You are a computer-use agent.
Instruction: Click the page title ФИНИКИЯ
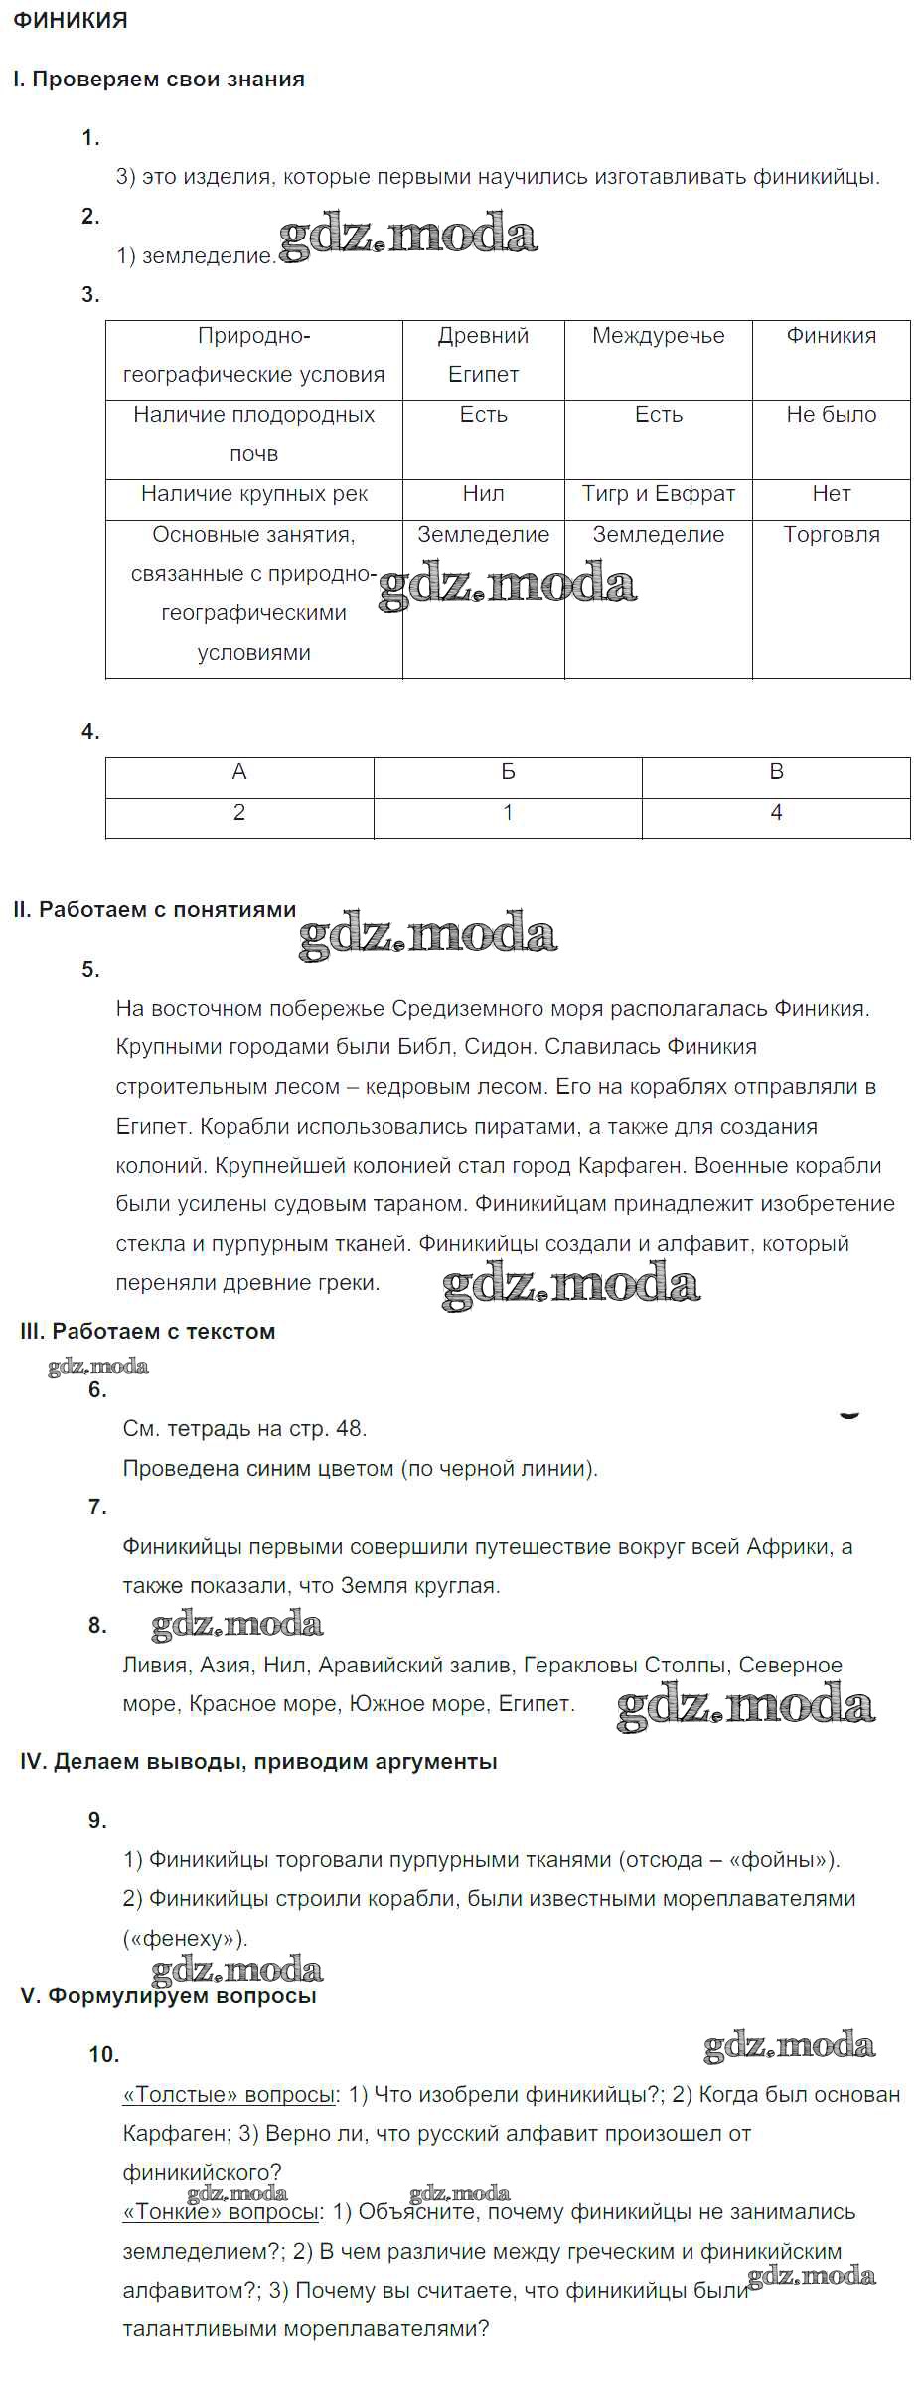(71, 21)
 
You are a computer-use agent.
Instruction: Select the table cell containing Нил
(483, 494)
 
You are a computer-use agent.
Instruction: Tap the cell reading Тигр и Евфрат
(658, 494)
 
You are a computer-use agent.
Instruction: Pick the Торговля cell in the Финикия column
(831, 535)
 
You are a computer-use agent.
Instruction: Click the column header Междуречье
(658, 336)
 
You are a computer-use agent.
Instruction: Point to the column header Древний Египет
(483, 355)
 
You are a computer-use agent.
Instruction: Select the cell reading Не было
(831, 415)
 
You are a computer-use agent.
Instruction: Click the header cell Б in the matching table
(508, 772)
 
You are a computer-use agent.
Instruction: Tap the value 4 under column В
(776, 813)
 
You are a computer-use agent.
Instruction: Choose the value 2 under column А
(239, 813)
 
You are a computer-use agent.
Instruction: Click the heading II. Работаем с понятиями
(155, 910)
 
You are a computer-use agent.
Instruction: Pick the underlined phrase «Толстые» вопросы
(229, 2095)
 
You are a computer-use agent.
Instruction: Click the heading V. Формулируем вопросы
(169, 1996)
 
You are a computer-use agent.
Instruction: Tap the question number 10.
(103, 2055)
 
